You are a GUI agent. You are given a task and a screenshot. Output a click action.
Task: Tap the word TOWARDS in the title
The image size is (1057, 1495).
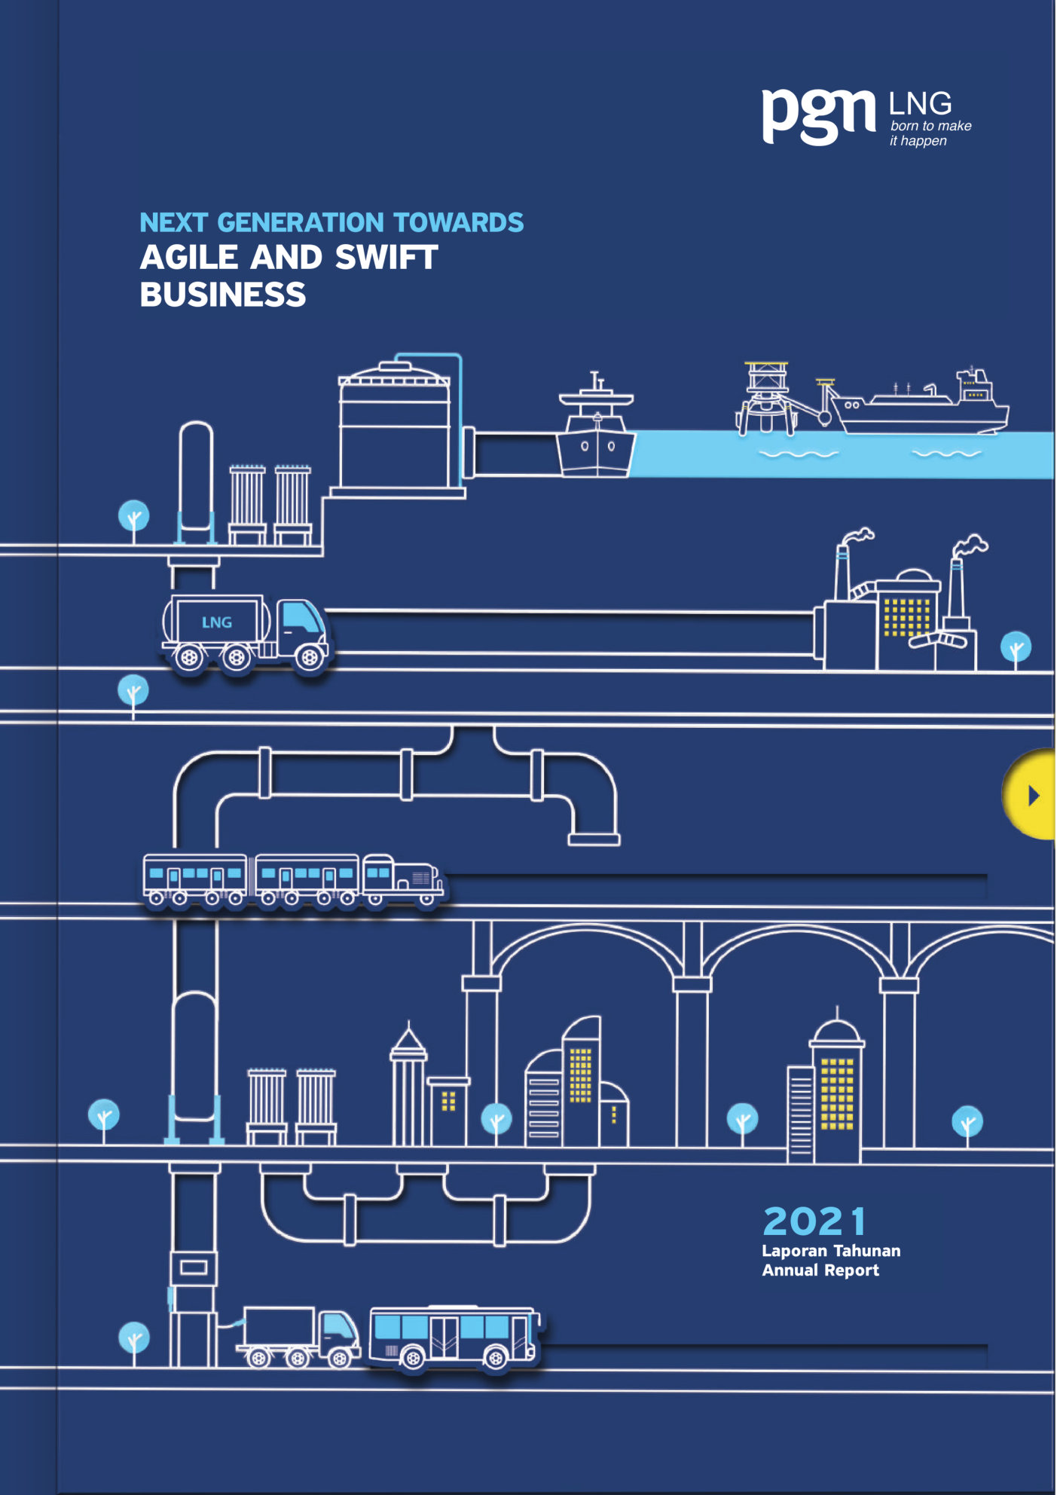click(x=458, y=223)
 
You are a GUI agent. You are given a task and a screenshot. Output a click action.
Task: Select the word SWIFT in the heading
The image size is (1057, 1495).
click(x=386, y=258)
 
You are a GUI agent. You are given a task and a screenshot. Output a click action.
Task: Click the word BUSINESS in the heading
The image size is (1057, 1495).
click(x=223, y=295)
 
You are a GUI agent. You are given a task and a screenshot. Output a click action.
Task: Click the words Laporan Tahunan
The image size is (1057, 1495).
click(x=830, y=1251)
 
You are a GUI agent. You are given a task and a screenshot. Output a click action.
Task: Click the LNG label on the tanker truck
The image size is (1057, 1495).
click(x=216, y=622)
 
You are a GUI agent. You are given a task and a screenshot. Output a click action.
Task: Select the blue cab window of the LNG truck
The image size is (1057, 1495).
click(x=303, y=617)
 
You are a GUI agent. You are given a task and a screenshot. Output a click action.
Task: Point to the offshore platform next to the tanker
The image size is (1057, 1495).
click(x=766, y=398)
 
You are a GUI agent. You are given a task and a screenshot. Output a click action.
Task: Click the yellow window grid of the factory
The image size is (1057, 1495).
click(x=906, y=617)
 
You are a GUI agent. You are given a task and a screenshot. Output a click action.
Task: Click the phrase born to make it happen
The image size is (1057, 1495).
click(x=930, y=133)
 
